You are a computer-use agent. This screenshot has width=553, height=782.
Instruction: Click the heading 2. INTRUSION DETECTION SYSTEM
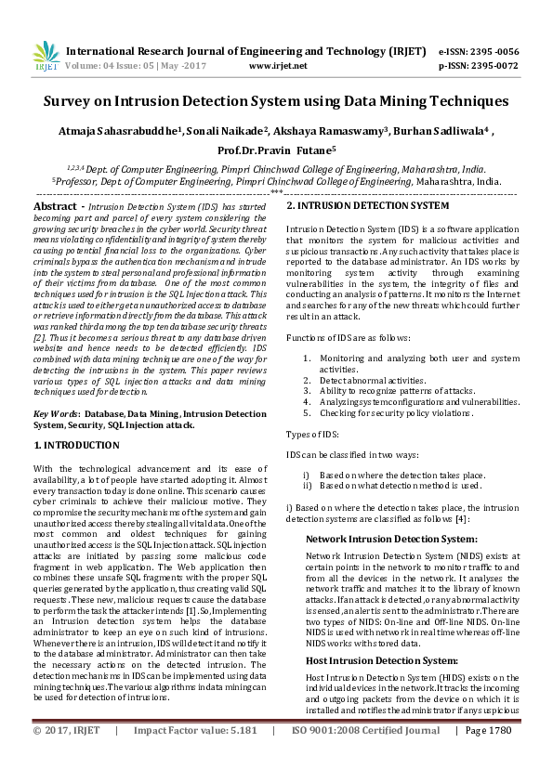(367, 205)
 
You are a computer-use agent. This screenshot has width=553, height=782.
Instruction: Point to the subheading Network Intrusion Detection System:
(378, 539)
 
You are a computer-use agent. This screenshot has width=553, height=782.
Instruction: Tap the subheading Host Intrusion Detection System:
(369, 659)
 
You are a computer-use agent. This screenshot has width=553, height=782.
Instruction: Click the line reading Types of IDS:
(313, 435)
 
